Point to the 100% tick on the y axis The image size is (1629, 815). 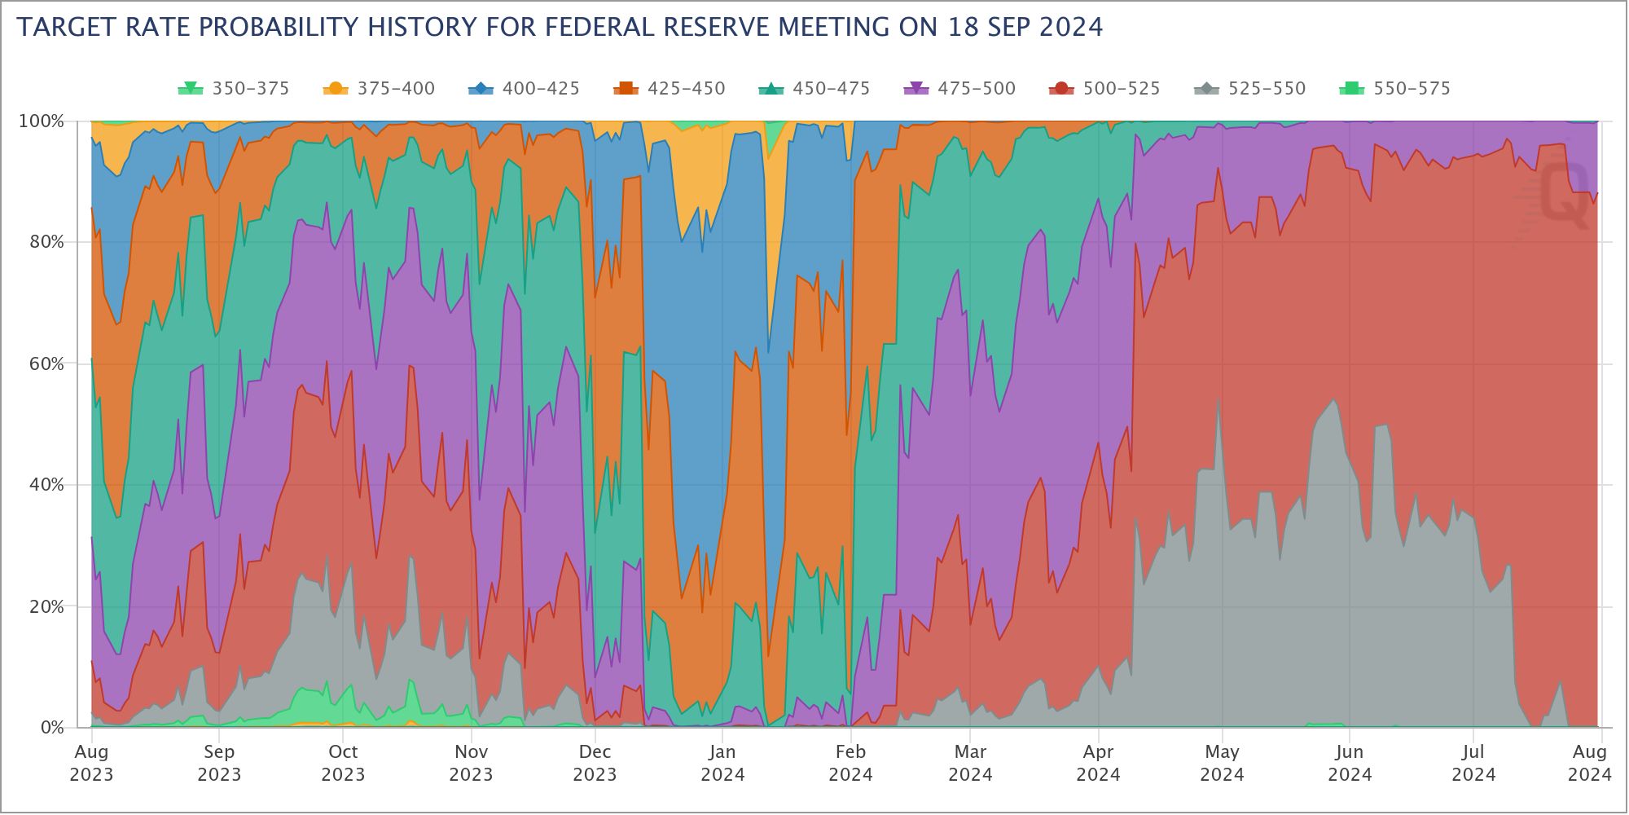point(41,121)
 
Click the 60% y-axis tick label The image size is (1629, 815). point(46,363)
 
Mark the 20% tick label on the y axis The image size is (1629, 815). point(46,606)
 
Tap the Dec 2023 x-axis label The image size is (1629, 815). point(595,763)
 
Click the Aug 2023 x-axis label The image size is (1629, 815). point(91,763)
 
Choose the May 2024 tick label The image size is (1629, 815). point(1222,763)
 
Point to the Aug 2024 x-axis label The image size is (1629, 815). point(1589,763)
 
